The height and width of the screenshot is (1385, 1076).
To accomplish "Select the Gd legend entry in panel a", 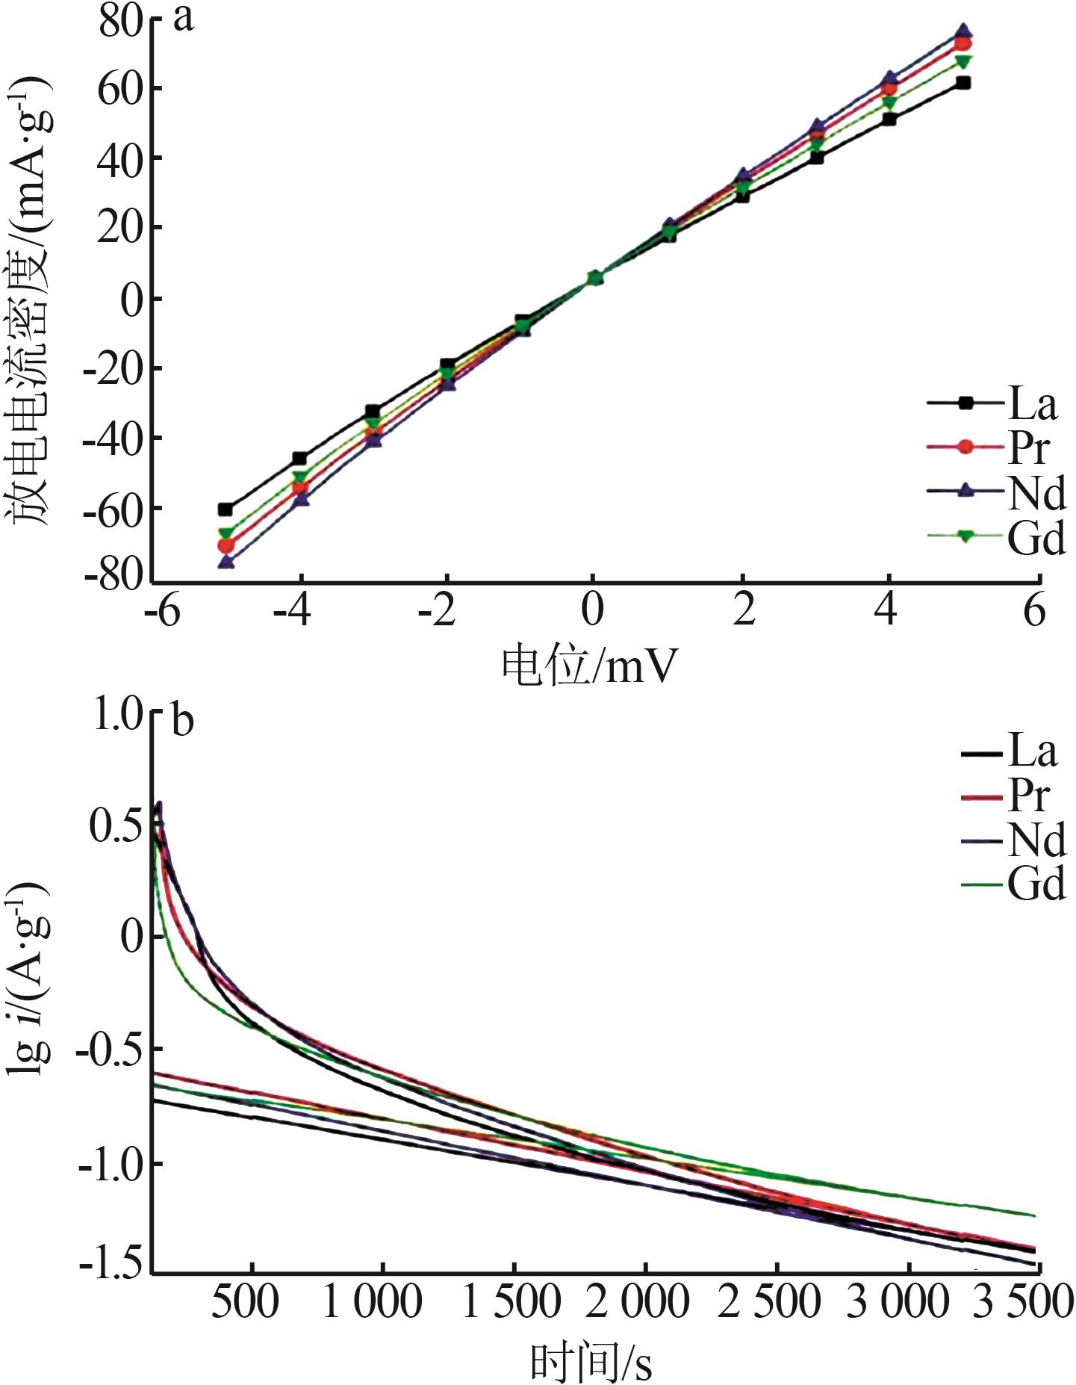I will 997,536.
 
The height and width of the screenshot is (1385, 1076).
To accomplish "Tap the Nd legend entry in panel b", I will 1014,840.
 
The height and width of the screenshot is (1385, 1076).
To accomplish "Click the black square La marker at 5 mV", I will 963,83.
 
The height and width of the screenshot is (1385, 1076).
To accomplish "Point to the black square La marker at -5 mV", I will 226,509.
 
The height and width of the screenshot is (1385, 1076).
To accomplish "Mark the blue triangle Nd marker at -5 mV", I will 226,562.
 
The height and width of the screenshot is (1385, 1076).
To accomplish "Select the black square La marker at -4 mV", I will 299,458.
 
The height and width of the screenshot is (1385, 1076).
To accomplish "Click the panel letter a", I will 183,19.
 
